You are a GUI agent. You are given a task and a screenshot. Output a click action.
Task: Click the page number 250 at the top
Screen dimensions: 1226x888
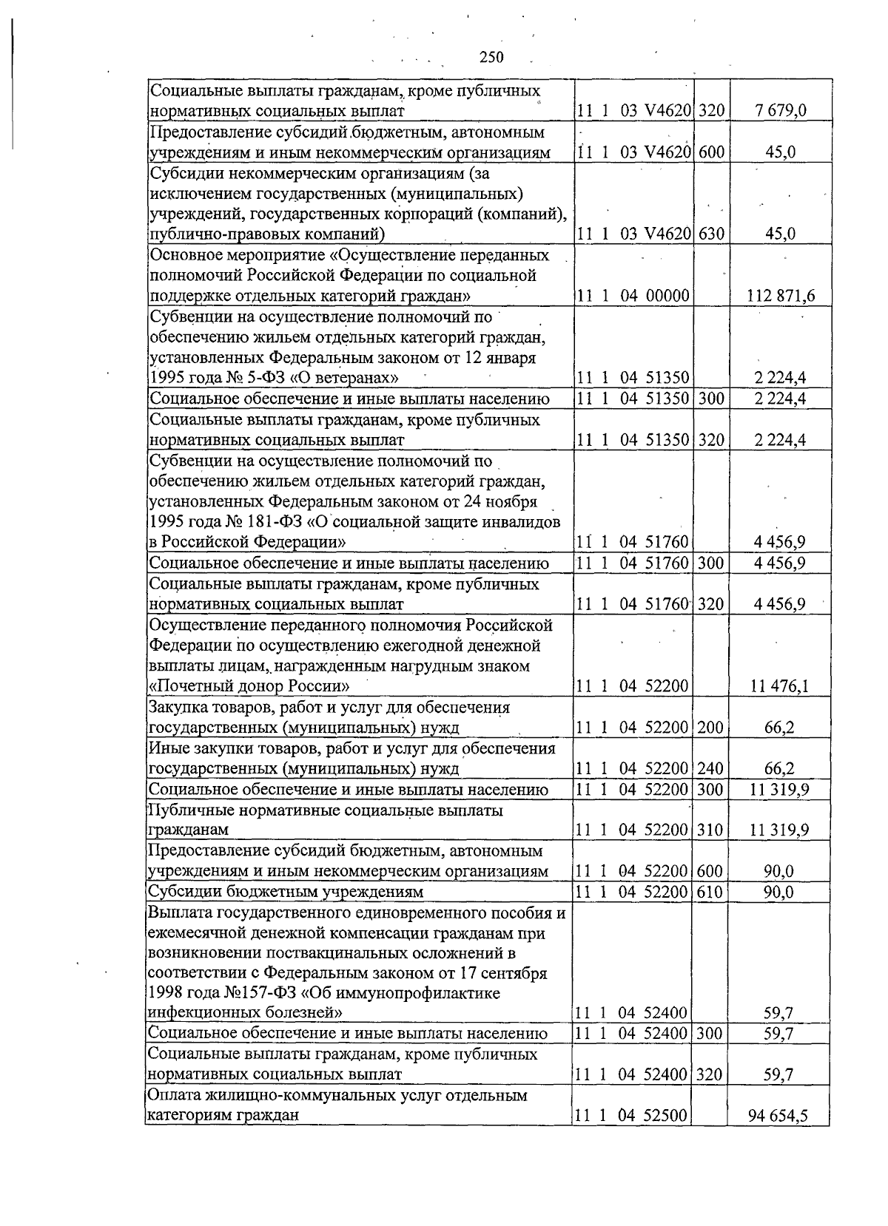[x=491, y=57]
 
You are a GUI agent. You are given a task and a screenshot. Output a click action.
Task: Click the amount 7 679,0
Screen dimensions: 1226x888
[x=780, y=112]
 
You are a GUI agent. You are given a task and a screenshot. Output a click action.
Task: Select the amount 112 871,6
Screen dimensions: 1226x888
[x=781, y=297]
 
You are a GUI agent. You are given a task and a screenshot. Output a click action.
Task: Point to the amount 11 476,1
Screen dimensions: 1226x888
[x=779, y=686]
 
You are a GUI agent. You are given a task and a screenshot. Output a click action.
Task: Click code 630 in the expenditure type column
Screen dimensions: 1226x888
[x=710, y=234]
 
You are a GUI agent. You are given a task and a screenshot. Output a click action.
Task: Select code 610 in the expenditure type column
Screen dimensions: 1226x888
[x=710, y=892]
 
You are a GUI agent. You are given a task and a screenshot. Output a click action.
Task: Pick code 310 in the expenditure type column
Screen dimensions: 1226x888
[x=710, y=830]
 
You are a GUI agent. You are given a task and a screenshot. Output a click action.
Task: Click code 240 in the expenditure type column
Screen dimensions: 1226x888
[x=710, y=769]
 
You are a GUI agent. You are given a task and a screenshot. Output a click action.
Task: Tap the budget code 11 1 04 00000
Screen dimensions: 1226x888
[x=633, y=297]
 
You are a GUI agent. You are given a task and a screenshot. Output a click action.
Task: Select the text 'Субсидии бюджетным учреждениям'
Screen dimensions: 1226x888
[x=286, y=892]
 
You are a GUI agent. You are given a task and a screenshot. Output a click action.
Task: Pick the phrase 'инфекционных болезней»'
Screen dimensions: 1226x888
[x=245, y=1012]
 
